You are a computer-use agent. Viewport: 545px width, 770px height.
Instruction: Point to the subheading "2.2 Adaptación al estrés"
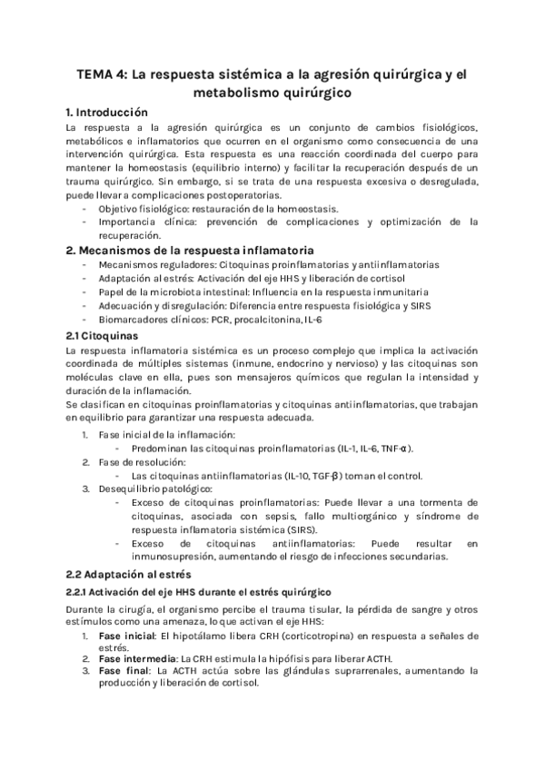tap(129, 574)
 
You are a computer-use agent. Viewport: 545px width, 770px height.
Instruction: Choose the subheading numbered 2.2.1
tap(201, 592)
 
